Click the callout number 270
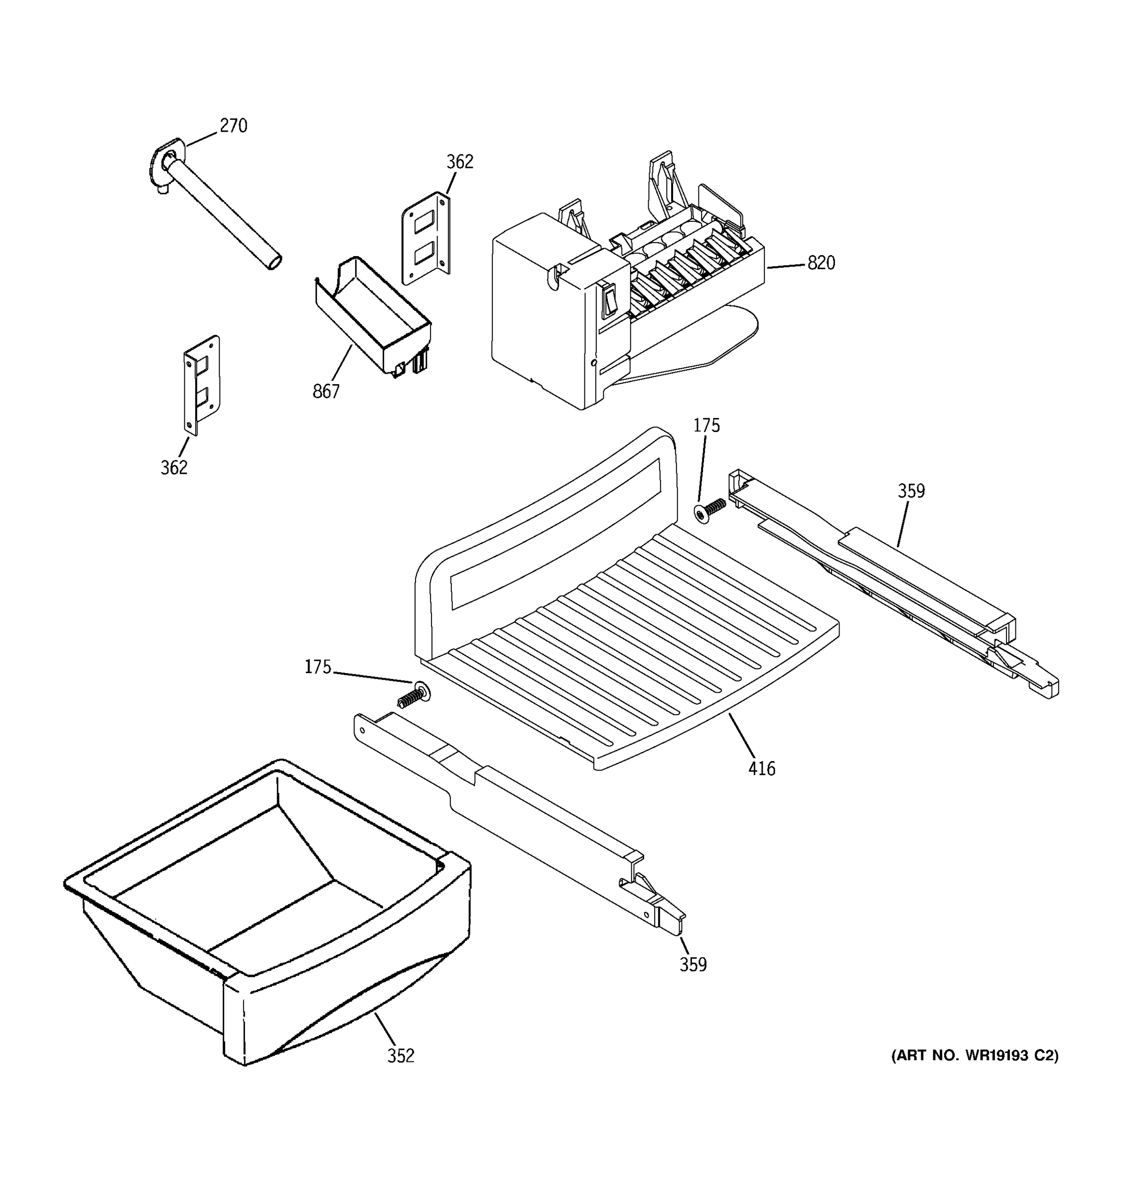point(233,126)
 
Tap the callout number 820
point(821,263)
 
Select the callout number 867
point(326,392)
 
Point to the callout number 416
point(761,768)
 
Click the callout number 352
point(401,1056)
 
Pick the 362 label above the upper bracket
point(459,162)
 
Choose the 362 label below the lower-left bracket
point(174,467)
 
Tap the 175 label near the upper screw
point(706,426)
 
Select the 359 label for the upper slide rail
point(911,491)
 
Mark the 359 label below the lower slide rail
point(693,964)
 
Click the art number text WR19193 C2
point(974,1055)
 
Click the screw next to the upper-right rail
point(709,510)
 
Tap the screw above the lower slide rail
point(414,696)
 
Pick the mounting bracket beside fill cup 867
point(426,238)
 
